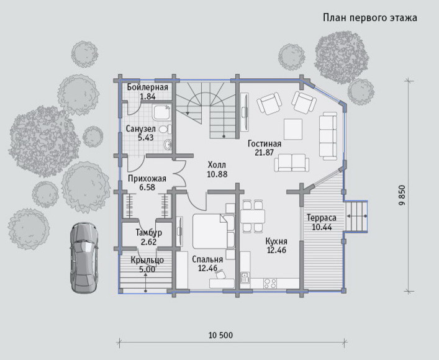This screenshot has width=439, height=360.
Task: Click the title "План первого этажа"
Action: (370, 17)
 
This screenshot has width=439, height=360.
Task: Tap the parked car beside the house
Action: (84, 258)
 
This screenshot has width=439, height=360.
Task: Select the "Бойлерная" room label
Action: (148, 87)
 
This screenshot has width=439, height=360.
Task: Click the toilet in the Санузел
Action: (165, 129)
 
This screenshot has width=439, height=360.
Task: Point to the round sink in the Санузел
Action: (168, 145)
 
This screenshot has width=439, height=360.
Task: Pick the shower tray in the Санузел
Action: (161, 112)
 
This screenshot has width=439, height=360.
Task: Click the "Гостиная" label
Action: (265, 143)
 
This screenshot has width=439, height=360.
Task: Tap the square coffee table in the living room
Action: (293, 129)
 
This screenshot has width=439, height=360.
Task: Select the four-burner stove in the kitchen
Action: (270, 283)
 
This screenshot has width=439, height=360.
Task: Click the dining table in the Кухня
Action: (253, 216)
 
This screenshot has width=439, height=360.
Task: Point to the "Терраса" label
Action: (322, 217)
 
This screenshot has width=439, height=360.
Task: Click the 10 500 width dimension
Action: (220, 335)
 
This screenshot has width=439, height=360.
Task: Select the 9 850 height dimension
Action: (402, 196)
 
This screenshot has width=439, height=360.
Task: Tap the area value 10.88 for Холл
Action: (217, 174)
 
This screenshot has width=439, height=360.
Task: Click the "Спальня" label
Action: (207, 259)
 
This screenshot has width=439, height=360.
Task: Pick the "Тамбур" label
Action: (148, 233)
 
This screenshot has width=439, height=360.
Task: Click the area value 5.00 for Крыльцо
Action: (147, 269)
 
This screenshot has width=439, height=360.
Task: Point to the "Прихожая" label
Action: (147, 178)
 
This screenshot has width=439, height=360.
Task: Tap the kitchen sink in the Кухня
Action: (245, 277)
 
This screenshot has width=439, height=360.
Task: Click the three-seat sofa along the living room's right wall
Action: (328, 136)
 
